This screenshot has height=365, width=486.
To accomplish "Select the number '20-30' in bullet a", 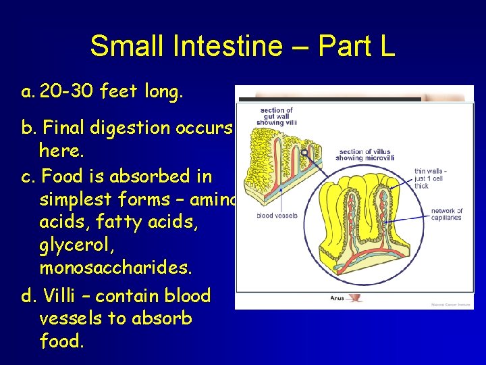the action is tap(66, 92).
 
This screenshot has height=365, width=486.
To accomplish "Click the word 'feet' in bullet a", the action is tap(121, 92).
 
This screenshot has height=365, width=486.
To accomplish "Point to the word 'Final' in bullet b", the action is tap(73, 128).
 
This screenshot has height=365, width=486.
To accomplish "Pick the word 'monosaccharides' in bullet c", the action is tap(115, 268).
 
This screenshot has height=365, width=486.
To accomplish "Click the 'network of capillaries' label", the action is tap(447, 214).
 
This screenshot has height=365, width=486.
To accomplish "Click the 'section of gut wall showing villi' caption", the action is tap(277, 116).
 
